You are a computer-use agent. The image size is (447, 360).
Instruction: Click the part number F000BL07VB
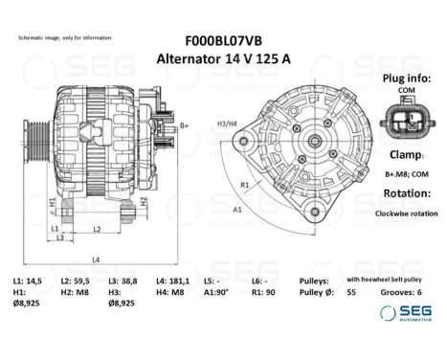click(x=223, y=41)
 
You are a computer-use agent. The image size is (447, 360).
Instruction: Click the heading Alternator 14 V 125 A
click(x=223, y=58)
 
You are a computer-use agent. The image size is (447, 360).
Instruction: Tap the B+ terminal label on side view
click(x=185, y=125)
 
